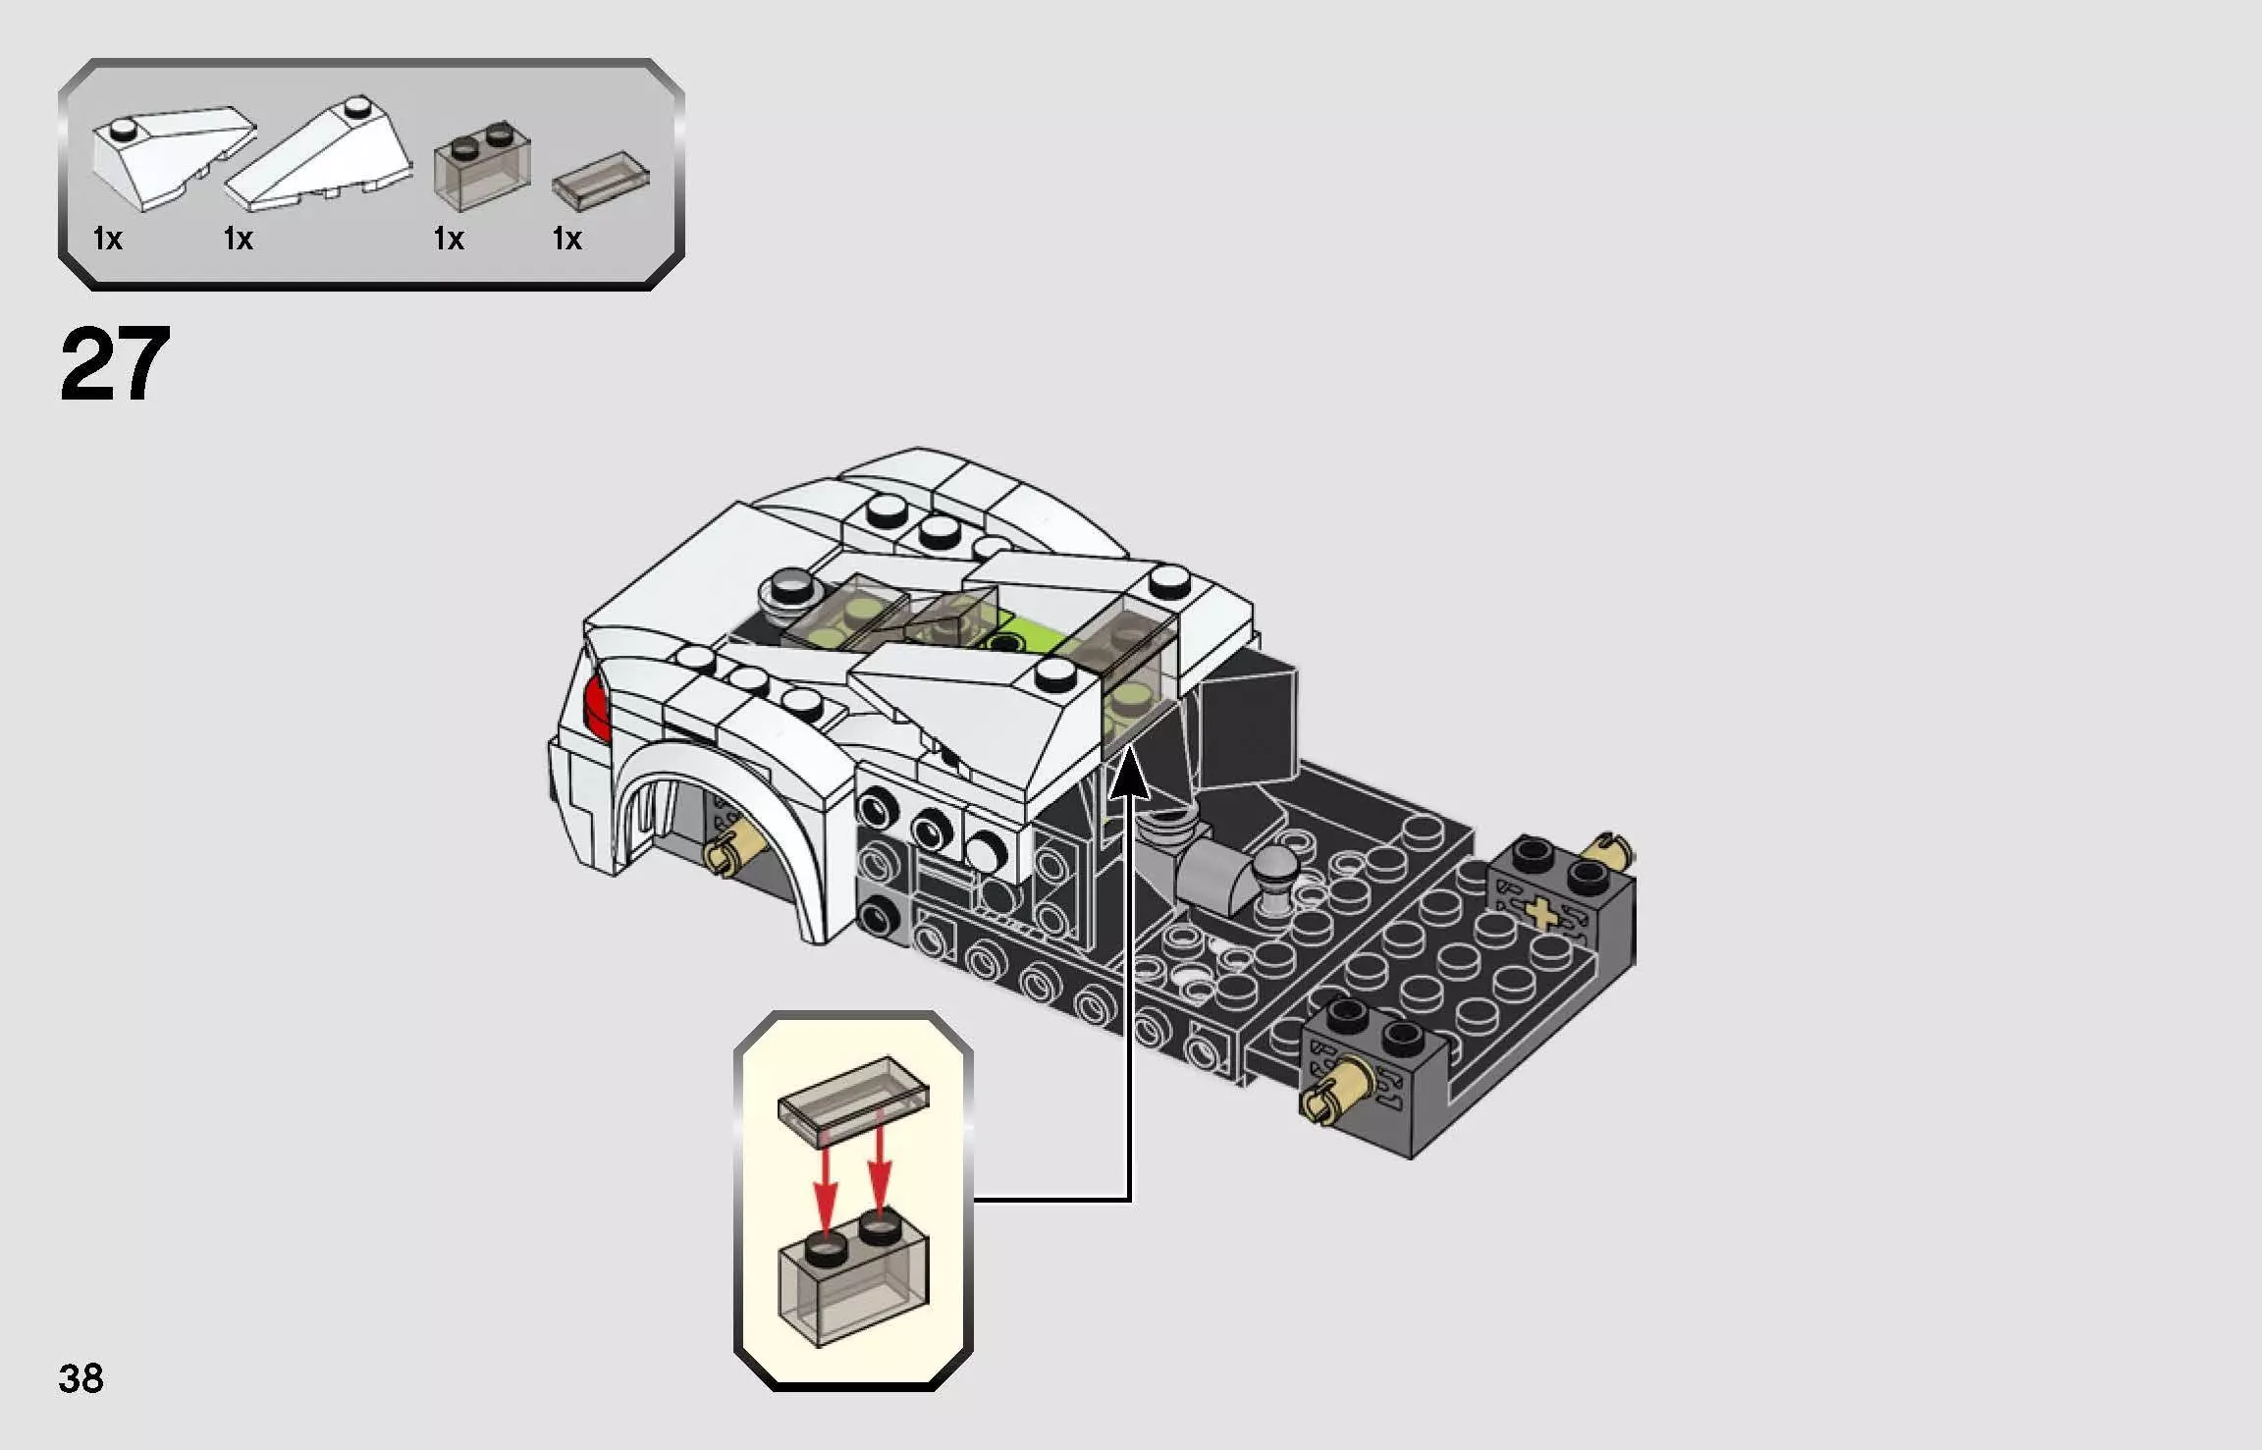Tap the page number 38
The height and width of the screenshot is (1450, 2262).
(x=81, y=1378)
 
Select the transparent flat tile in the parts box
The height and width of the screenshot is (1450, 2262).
(x=601, y=181)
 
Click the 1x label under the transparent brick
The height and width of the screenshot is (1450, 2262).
(x=449, y=239)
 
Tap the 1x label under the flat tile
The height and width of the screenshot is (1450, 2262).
(x=566, y=239)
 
